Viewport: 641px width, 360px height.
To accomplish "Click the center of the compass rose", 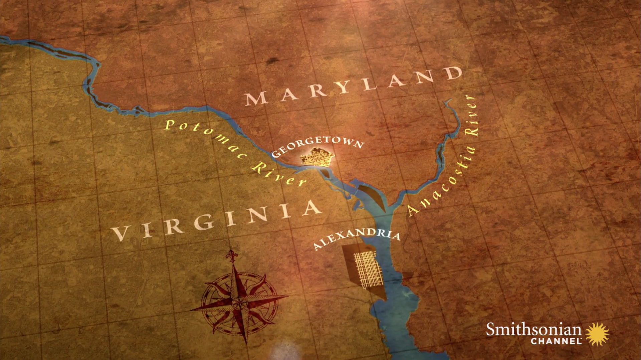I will tap(239, 303).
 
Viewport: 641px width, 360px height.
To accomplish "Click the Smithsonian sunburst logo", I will tap(597, 334).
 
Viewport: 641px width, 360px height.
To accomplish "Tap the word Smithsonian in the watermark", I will tap(533, 330).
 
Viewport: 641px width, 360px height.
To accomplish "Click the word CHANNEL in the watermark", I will tap(556, 341).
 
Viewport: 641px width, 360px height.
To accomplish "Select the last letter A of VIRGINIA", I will tap(312, 208).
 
